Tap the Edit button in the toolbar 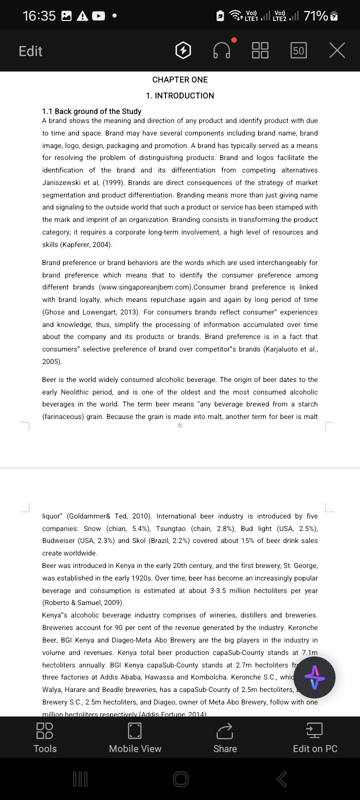30,51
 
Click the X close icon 337,50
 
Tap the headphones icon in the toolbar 222,50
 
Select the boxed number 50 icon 298,50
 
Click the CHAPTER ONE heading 180,79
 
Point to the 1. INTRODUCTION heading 180,95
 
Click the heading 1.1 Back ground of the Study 91,111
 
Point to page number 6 180,425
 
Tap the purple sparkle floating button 314,677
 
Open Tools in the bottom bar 45,737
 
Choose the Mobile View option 135,737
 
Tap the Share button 225,737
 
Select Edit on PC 315,737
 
